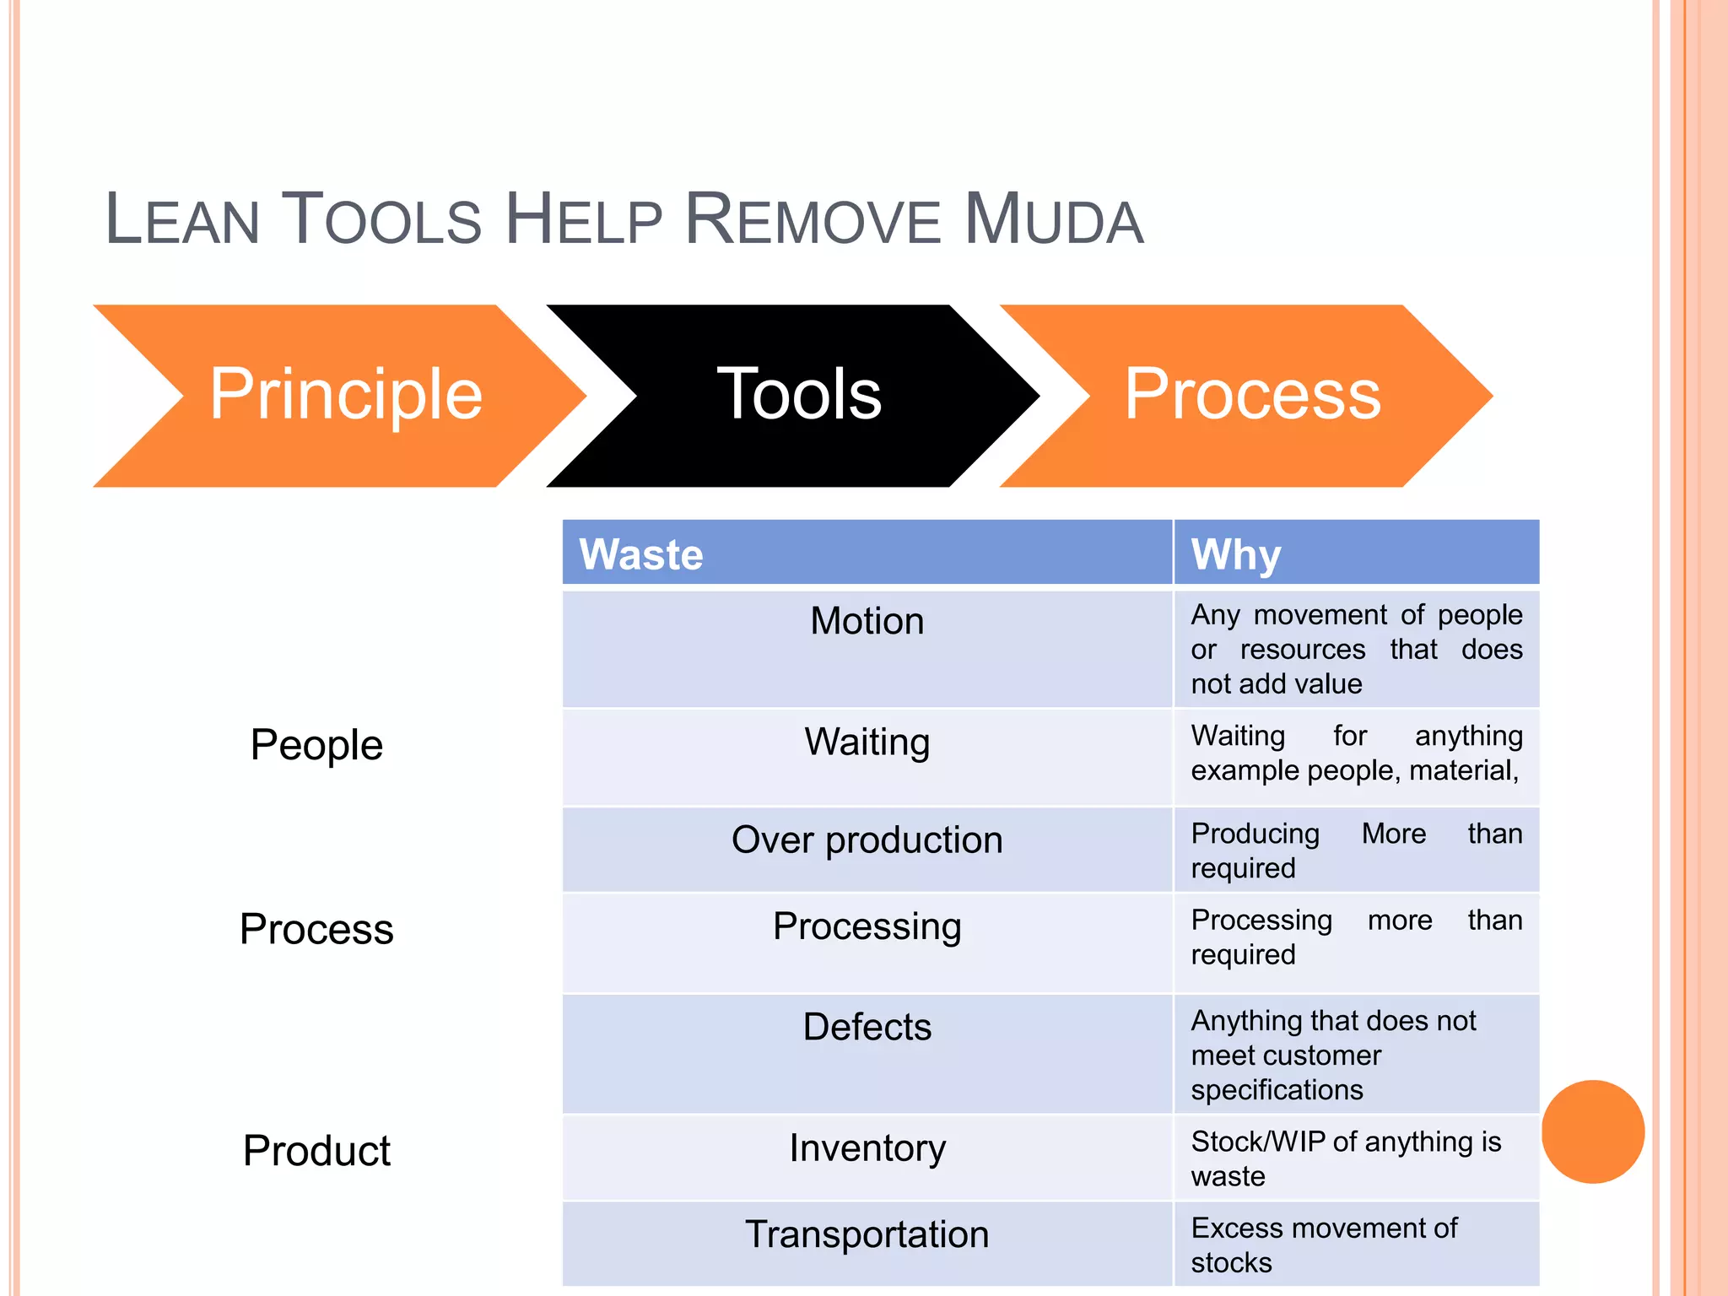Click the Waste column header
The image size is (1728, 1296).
pyautogui.click(x=641, y=554)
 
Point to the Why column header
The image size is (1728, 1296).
pyautogui.click(x=1236, y=554)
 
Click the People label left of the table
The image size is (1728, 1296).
pyautogui.click(x=316, y=745)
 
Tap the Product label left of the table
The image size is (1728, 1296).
pyautogui.click(x=316, y=1151)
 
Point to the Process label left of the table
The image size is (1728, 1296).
pyautogui.click(x=316, y=929)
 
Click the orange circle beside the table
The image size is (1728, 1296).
pyautogui.click(x=1592, y=1131)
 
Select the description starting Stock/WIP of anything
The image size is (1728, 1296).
pyautogui.click(x=1346, y=1158)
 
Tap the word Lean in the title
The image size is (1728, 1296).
pyautogui.click(x=181, y=220)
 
